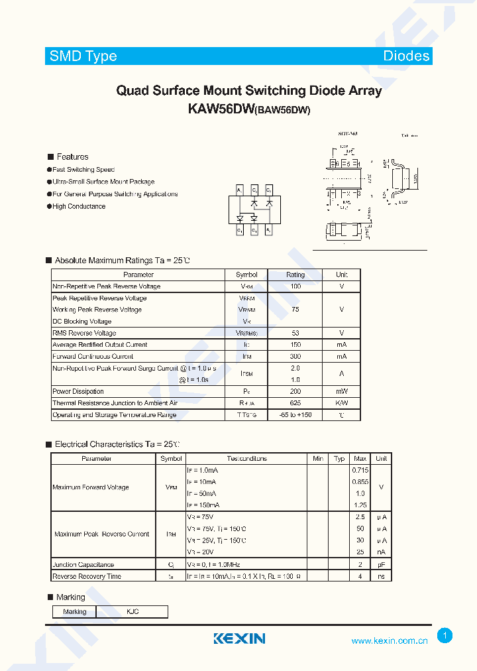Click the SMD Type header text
83,56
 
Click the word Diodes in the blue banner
406,56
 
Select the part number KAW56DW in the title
218,109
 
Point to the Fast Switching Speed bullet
83,170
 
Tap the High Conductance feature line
79,206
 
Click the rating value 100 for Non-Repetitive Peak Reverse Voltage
295,286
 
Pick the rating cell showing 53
295,333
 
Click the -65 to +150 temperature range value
295,415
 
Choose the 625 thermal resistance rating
295,403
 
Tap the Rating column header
295,274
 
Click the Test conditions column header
246,459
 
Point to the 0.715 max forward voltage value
360,470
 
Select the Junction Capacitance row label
83,565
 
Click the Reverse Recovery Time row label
87,576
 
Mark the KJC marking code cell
132,611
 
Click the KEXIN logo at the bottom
239,639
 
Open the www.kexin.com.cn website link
389,640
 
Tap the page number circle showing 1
445,636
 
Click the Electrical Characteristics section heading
117,444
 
